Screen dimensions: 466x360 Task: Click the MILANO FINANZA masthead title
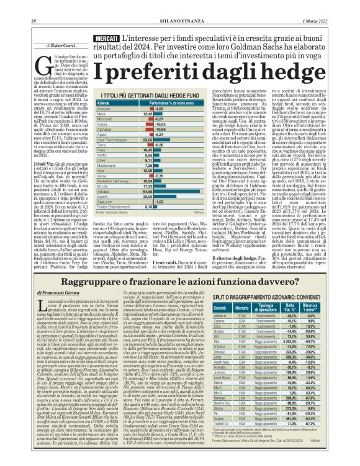[x=179, y=6]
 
